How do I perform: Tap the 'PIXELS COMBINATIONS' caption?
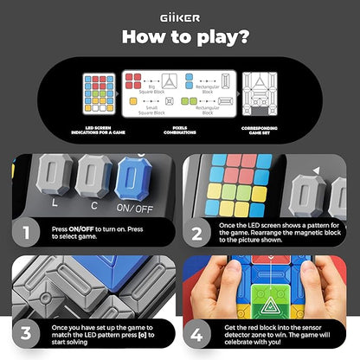coord(179,132)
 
